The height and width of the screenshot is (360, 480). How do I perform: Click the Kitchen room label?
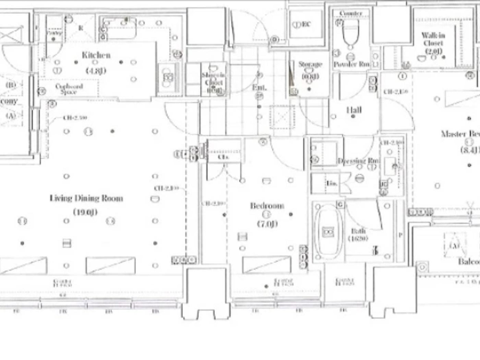(96, 55)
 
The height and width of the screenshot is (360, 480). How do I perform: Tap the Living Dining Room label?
(86, 198)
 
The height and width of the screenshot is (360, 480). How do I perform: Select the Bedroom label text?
(267, 206)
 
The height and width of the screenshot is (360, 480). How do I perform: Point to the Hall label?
(354, 110)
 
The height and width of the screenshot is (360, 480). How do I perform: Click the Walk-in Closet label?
(433, 39)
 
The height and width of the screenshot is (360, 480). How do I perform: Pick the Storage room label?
(310, 64)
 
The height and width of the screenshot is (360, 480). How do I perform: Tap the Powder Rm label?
(351, 64)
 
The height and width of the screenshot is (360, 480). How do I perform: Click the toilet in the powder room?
(350, 34)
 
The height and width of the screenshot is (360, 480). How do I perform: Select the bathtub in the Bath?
(328, 231)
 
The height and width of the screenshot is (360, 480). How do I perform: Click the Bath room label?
(358, 231)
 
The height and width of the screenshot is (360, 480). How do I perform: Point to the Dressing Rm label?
(358, 161)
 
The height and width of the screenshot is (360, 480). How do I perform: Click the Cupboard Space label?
(69, 89)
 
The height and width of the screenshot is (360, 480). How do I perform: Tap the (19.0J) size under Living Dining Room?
(85, 212)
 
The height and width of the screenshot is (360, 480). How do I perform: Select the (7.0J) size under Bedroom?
(267, 224)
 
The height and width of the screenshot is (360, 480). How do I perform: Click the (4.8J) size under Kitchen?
(96, 71)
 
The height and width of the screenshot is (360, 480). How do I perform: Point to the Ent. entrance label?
(259, 88)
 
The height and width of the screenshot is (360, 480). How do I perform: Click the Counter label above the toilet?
(350, 13)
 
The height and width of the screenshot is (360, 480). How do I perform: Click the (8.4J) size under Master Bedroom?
(469, 150)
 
